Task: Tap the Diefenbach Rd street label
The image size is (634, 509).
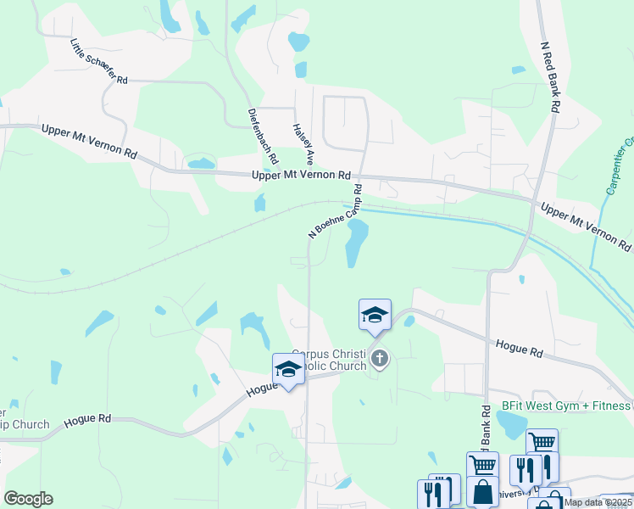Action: point(263,136)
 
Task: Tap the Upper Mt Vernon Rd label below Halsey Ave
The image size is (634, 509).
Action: point(301,175)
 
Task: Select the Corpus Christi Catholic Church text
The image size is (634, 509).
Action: point(329,360)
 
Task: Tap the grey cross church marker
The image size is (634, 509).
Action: point(379,360)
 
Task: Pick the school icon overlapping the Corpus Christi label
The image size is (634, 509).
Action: point(288,370)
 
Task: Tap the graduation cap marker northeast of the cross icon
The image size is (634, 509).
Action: point(375,315)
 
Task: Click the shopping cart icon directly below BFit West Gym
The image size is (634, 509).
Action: point(542,443)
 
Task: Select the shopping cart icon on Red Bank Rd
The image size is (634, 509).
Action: point(482,466)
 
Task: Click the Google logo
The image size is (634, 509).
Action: point(28,499)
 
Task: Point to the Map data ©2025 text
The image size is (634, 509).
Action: point(598,502)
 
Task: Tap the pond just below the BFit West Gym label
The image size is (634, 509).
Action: point(512,427)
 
